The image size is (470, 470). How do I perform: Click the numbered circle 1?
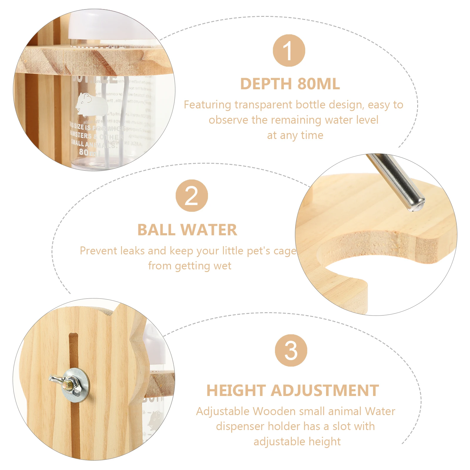click(289, 51)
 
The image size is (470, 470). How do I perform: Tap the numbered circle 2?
click(192, 196)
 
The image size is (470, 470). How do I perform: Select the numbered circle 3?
click(291, 350)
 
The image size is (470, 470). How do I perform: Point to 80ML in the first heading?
click(319, 84)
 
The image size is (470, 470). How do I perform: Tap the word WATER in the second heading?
click(209, 230)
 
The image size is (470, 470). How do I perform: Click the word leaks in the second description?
click(133, 251)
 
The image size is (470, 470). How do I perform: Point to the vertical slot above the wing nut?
click(73, 350)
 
